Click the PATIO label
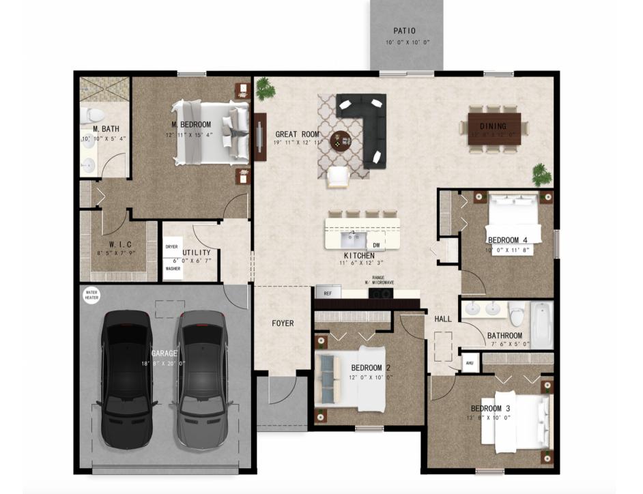(x=405, y=31)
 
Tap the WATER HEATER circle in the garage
(x=91, y=295)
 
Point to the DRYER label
(x=171, y=246)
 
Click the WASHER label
(x=173, y=269)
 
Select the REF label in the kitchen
(x=328, y=293)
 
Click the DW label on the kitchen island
(x=375, y=245)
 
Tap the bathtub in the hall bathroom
(x=541, y=325)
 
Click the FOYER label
(x=283, y=323)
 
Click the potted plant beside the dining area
(x=542, y=174)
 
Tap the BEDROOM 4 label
(x=506, y=239)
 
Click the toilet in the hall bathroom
(x=516, y=315)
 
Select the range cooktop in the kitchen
(x=380, y=293)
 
